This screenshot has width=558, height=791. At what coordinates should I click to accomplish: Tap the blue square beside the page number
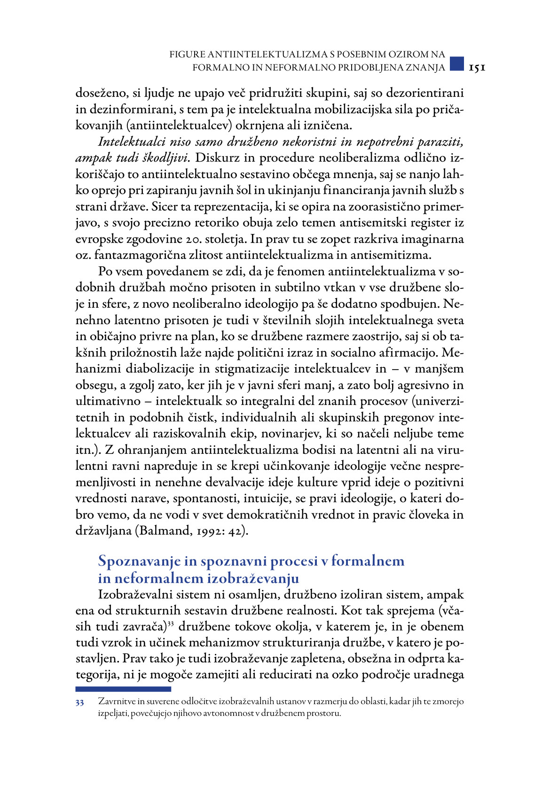[456, 63]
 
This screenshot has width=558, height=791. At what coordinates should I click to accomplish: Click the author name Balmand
[162, 531]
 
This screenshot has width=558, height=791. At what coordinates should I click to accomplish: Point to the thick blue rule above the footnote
[123, 689]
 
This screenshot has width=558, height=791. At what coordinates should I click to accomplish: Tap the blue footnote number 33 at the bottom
[79, 703]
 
